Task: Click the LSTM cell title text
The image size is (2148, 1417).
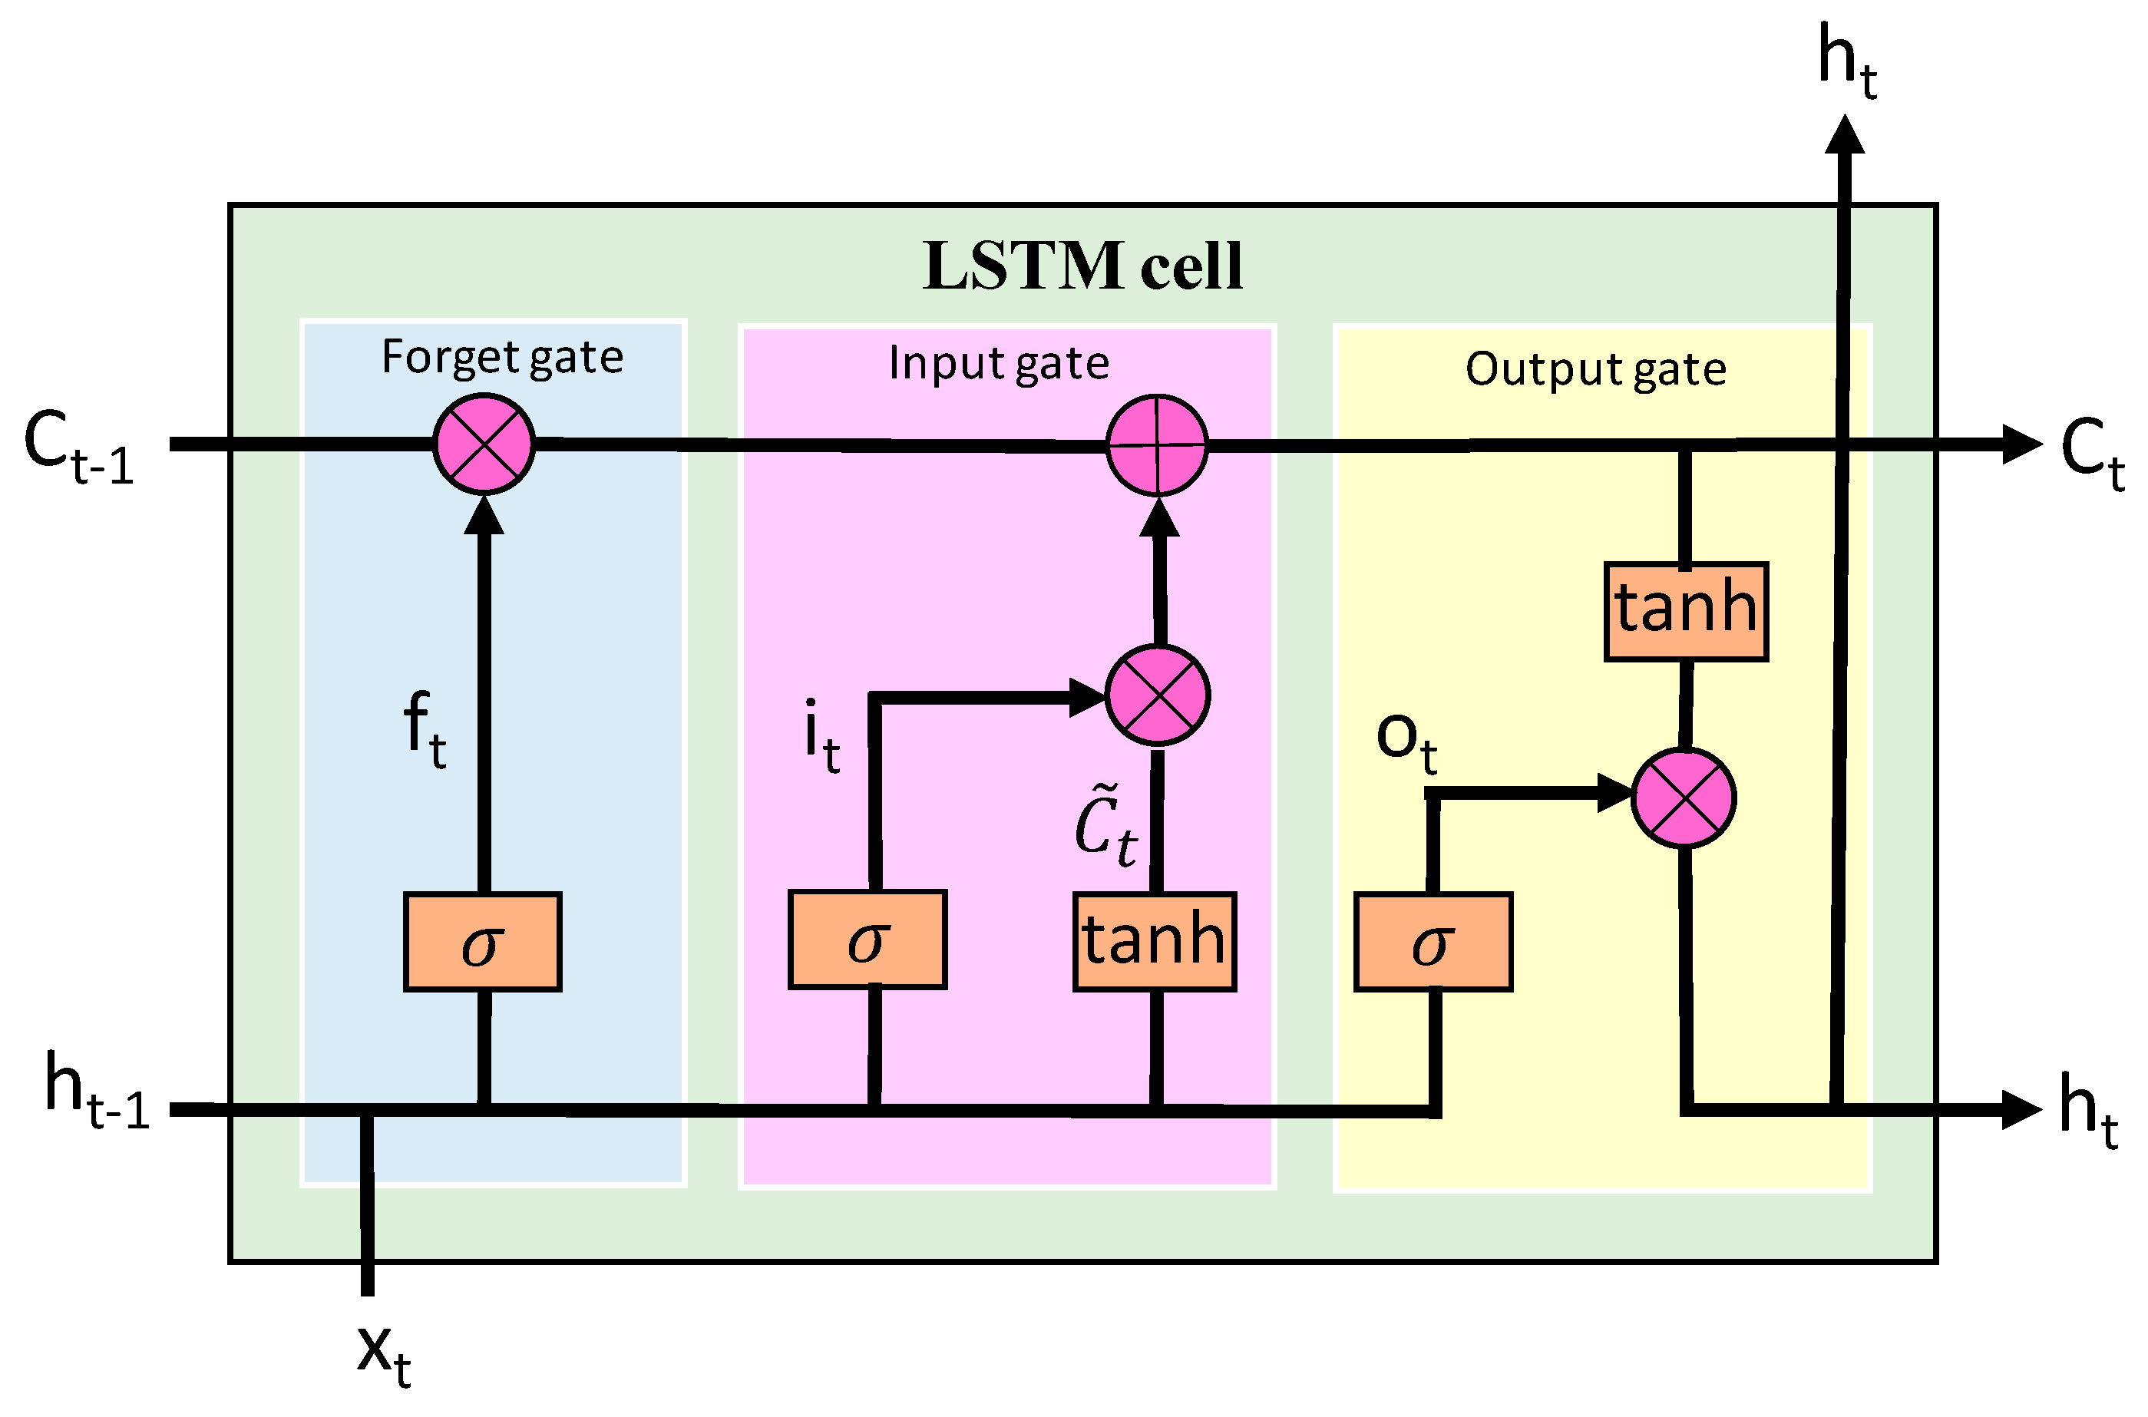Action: [x=1082, y=266]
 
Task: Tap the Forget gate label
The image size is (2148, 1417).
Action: [x=502, y=357]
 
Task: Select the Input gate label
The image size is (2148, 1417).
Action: [x=999, y=363]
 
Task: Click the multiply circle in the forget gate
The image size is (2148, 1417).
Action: [x=484, y=444]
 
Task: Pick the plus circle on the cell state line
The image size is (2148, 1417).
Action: [x=1158, y=444]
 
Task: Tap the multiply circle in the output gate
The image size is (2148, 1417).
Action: [x=1684, y=798]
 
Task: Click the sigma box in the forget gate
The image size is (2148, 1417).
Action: [x=483, y=943]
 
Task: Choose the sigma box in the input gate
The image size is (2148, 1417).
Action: [x=867, y=940]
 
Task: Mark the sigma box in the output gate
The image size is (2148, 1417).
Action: [x=1433, y=943]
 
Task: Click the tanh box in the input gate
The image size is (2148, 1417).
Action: [x=1155, y=943]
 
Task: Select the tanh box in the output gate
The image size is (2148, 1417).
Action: [x=1686, y=612]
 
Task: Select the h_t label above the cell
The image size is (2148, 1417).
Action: [x=1847, y=61]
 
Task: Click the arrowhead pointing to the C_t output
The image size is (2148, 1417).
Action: [x=2021, y=444]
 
